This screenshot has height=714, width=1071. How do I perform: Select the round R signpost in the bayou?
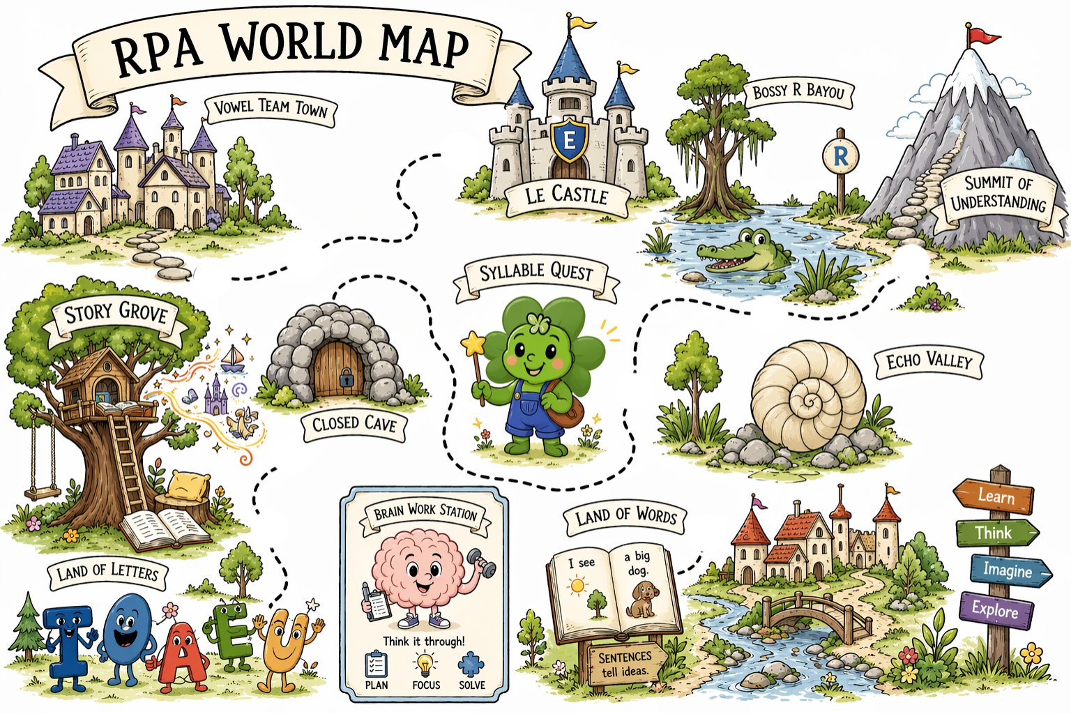[x=840, y=156]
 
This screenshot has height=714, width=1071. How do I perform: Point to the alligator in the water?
[x=743, y=255]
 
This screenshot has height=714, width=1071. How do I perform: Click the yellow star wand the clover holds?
[x=473, y=344]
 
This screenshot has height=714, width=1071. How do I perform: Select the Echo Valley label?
[x=928, y=362]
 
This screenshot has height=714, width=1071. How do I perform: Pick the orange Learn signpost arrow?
[x=994, y=496]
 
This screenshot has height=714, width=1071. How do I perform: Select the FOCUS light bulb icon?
[x=425, y=663]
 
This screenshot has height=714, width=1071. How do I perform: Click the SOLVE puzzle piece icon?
[x=471, y=664]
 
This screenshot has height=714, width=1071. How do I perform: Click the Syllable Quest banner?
[x=535, y=274]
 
